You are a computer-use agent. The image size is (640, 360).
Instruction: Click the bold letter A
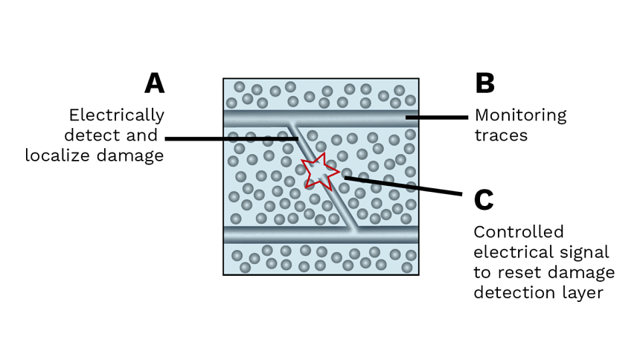(154, 83)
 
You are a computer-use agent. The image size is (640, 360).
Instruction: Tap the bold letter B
(484, 83)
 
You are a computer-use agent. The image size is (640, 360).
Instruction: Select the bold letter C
(484, 199)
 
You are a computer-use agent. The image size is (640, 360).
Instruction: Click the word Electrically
(117, 115)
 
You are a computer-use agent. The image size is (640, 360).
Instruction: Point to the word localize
(60, 155)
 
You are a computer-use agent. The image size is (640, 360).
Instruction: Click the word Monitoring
(520, 115)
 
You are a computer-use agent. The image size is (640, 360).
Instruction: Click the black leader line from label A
(223, 138)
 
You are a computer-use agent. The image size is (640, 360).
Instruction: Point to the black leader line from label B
(439, 117)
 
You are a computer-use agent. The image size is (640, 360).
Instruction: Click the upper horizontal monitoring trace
(350, 119)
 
